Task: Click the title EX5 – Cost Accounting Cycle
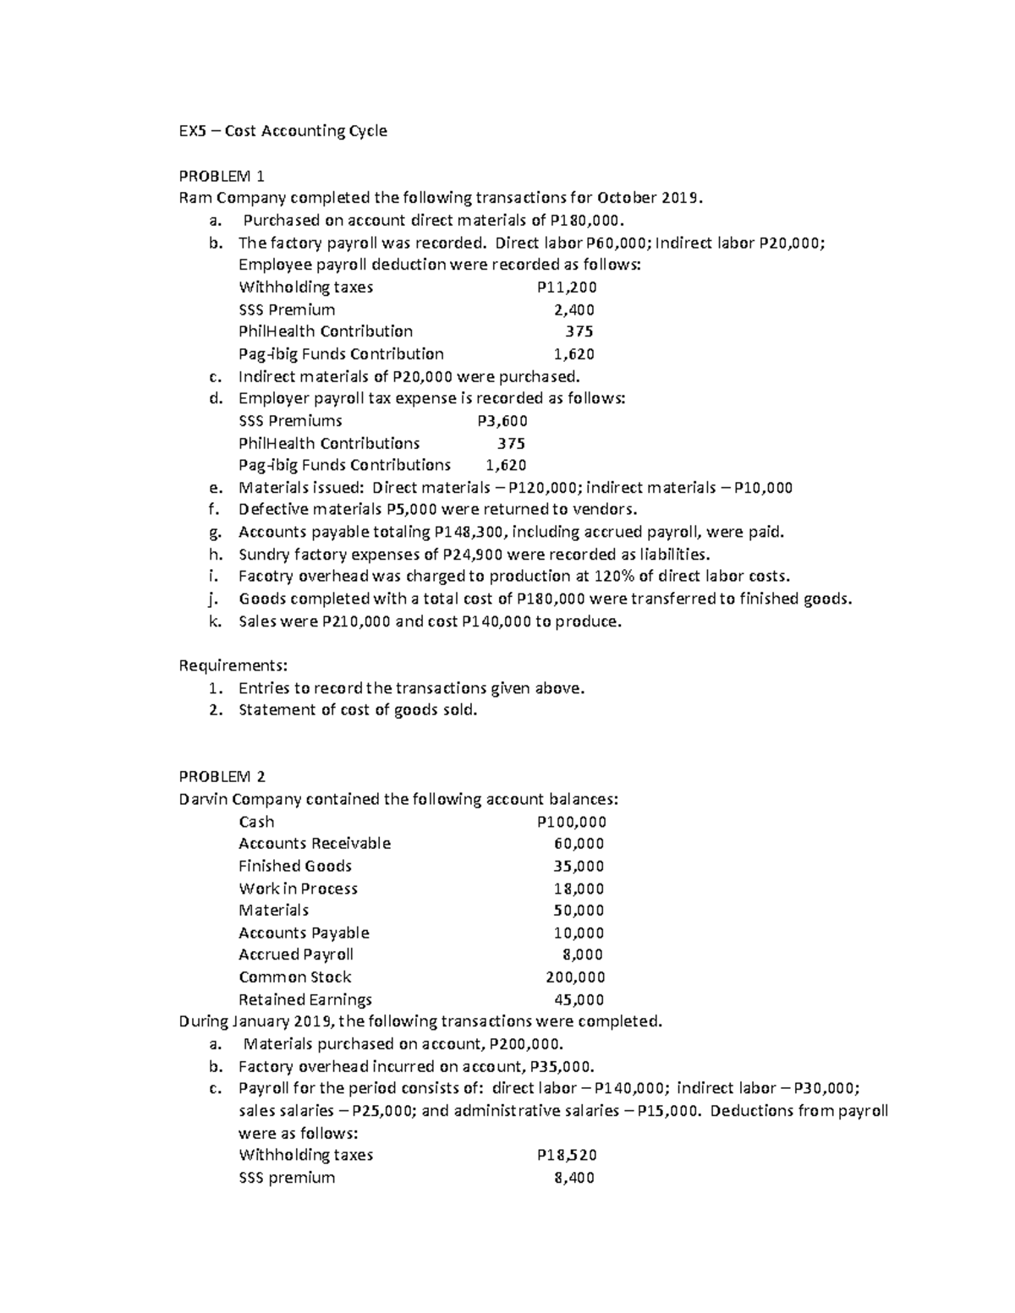click(283, 131)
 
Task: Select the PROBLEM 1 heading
click(222, 176)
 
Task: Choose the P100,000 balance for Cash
click(571, 822)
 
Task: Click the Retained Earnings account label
click(304, 999)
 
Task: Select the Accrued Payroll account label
click(295, 955)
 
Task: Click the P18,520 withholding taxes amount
click(566, 1155)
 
